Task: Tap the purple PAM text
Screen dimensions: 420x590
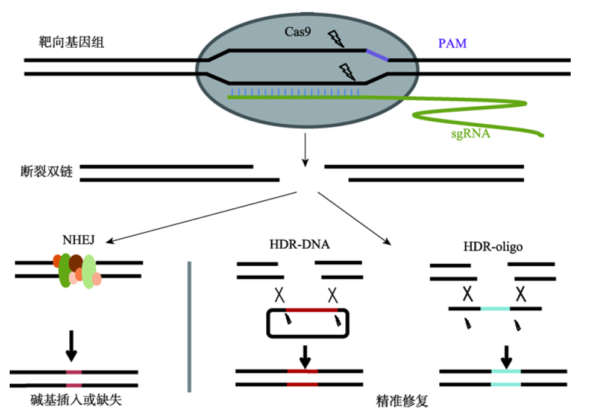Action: point(453,44)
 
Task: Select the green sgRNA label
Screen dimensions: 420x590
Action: point(470,134)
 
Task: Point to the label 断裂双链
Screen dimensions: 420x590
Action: point(46,172)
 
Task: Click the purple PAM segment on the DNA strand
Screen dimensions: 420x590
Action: point(377,55)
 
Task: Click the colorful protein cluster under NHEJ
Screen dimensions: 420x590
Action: point(77,270)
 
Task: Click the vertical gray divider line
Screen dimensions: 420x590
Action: point(190,326)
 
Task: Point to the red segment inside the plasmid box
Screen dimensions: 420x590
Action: point(311,310)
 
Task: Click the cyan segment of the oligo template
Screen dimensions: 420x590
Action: point(495,308)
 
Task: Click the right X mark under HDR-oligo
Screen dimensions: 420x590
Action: point(522,294)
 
